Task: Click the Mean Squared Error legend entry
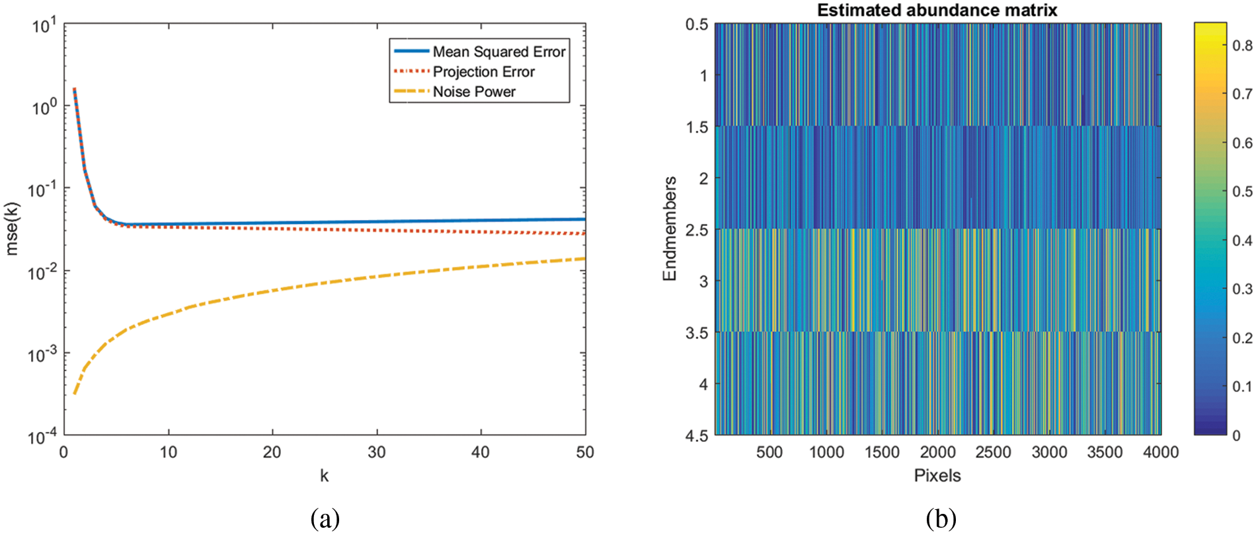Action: [498, 52]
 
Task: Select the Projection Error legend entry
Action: [483, 71]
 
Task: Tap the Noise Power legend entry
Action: [473, 92]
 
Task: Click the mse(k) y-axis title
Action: [12, 229]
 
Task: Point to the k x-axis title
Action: [324, 476]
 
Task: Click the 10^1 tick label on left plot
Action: [44, 26]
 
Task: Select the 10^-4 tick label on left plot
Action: [42, 437]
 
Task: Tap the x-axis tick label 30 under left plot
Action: [376, 452]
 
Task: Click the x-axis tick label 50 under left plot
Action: [584, 452]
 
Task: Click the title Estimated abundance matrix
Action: [937, 11]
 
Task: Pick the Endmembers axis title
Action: [670, 229]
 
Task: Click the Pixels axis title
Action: [937, 476]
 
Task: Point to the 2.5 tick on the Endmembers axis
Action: [696, 230]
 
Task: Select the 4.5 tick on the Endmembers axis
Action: [696, 435]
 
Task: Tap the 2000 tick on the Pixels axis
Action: [937, 452]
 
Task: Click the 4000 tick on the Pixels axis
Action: [1160, 452]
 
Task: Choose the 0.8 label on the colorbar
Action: [1242, 46]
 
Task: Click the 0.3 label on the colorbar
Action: [1242, 289]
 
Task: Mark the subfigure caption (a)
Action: [325, 518]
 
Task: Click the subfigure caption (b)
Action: [940, 518]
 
